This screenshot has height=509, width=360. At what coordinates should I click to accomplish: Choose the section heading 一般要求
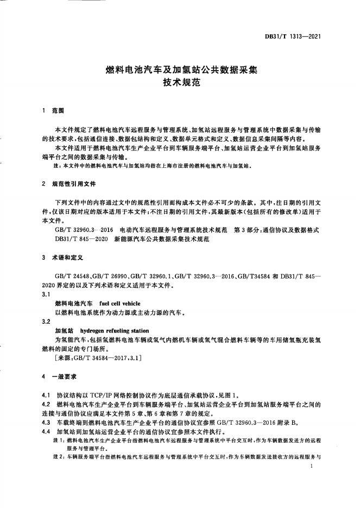(x=66, y=376)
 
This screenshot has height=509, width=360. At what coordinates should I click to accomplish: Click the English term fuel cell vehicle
(x=120, y=303)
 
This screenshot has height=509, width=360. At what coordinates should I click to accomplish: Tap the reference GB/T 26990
(x=109, y=276)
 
